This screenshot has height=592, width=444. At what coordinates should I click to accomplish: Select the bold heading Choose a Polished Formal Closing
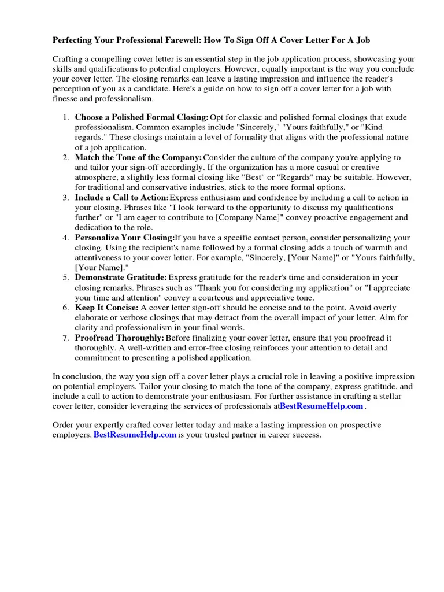[x=142, y=117]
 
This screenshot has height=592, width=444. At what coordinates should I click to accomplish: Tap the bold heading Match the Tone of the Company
[x=139, y=158]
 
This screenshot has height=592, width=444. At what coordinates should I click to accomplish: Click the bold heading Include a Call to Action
[x=122, y=198]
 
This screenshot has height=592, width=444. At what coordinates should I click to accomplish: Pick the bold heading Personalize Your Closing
[x=125, y=238]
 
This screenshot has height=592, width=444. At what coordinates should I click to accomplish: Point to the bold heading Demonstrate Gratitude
[x=121, y=278]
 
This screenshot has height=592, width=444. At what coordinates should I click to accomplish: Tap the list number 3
[x=65, y=198]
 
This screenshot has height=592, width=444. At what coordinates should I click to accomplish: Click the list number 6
[x=65, y=308]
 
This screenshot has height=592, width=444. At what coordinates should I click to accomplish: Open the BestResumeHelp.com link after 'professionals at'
[x=322, y=406]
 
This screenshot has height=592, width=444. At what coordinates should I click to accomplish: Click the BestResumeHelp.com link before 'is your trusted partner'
[x=135, y=435]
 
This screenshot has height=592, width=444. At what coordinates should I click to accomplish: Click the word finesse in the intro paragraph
[x=66, y=99]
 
